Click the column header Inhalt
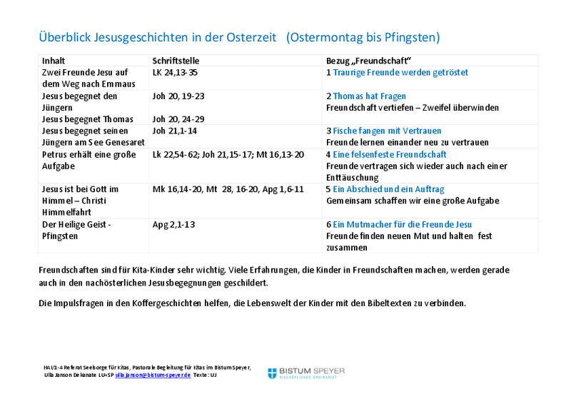(x=54, y=61)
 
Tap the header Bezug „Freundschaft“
(x=368, y=61)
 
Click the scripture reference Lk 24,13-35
(x=175, y=73)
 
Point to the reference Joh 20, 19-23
(x=178, y=96)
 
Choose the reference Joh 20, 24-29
(x=178, y=119)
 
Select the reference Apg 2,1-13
(x=173, y=224)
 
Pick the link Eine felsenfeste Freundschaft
(x=390, y=154)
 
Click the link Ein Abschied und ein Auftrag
(x=388, y=189)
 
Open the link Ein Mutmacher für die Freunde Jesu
(x=403, y=224)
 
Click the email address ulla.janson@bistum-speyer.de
(x=153, y=375)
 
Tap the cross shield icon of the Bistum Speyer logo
(x=272, y=373)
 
